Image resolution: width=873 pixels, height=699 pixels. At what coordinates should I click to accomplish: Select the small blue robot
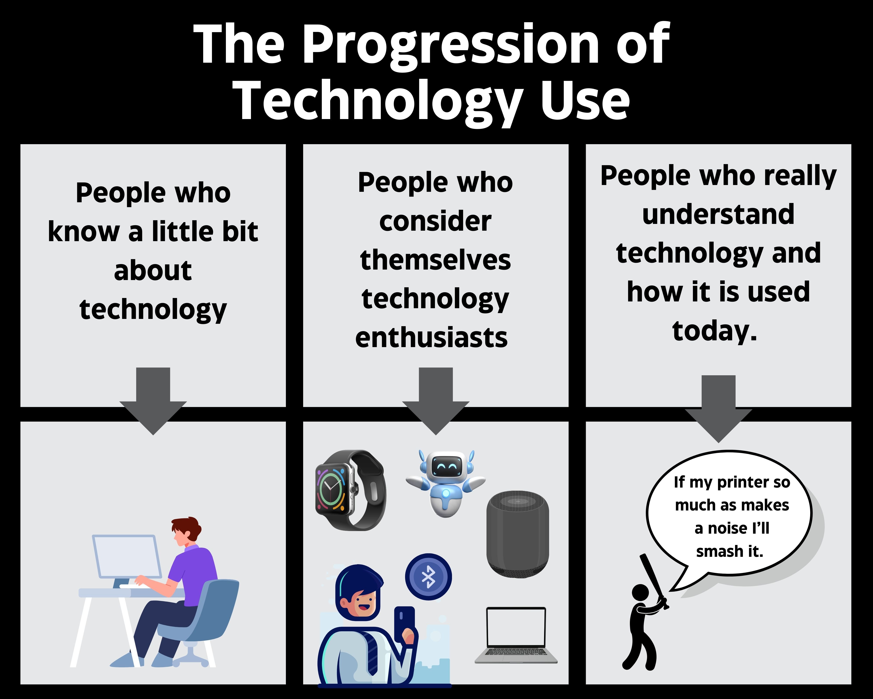[x=445, y=483]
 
